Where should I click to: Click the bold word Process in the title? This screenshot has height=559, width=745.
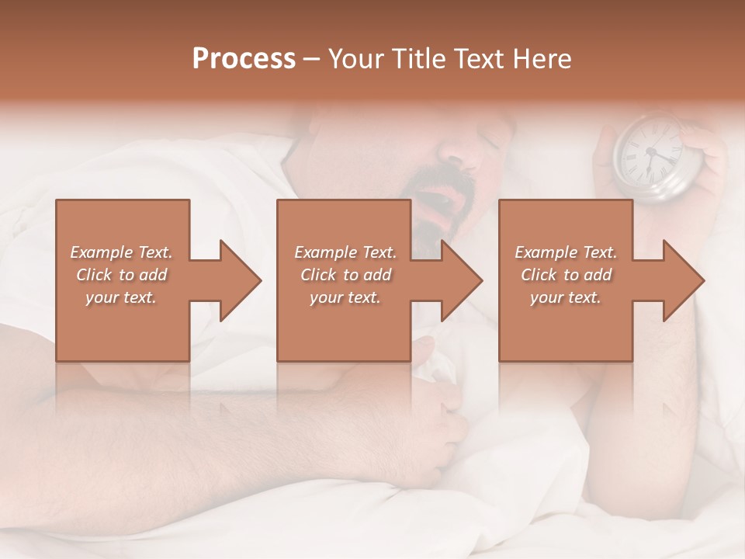point(244,59)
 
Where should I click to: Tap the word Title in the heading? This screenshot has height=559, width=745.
point(417,59)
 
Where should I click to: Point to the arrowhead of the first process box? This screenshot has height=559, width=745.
point(241,280)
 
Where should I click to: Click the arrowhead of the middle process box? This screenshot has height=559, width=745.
point(463,280)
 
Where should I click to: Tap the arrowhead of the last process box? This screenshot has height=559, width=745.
point(684,280)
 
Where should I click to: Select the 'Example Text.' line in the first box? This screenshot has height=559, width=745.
point(121,252)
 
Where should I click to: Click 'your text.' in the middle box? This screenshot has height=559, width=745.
point(345,297)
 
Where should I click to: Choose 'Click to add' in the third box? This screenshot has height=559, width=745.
point(566,275)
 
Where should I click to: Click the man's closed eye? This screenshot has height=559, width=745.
point(490,142)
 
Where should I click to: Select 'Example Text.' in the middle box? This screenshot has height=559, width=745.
point(345,252)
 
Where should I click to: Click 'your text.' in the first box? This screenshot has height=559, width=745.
point(121,297)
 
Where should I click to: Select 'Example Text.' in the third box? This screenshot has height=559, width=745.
point(566,252)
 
